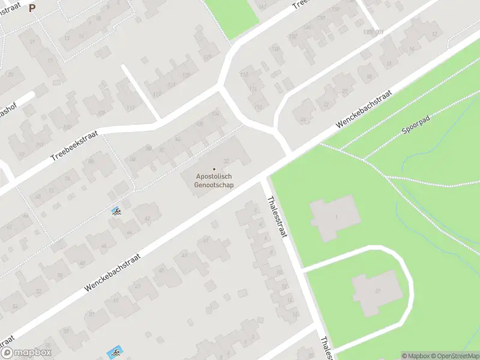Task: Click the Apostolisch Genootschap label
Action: tap(214, 181)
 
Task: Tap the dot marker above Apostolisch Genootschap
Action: tap(214, 168)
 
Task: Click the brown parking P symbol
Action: tap(32, 8)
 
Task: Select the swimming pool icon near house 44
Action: tap(116, 211)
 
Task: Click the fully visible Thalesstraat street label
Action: tap(277, 216)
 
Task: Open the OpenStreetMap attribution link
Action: tap(451, 356)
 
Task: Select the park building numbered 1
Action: tap(334, 218)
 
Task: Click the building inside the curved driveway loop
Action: tap(376, 291)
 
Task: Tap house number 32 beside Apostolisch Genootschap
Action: tap(226, 161)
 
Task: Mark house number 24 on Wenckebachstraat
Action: tap(302, 120)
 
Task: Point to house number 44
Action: tap(128, 232)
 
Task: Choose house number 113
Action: tap(130, 109)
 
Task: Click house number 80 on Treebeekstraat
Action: tap(91, 161)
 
